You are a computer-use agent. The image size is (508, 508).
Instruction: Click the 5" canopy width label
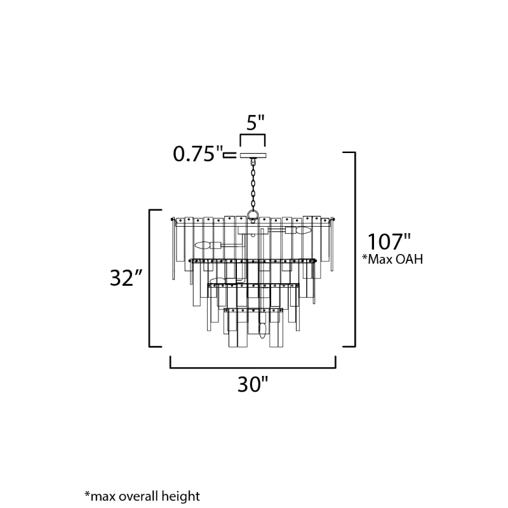pyautogui.click(x=256, y=123)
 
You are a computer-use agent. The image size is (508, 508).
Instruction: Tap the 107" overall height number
pyautogui.click(x=389, y=242)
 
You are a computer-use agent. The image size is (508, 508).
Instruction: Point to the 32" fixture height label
pyautogui.click(x=126, y=277)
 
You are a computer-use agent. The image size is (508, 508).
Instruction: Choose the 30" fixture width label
pyautogui.click(x=253, y=384)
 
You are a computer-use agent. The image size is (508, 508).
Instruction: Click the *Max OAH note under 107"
pyautogui.click(x=392, y=259)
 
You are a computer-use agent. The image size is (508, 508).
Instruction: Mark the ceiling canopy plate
pyautogui.click(x=253, y=156)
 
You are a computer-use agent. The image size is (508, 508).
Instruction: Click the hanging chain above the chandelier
pyautogui.click(x=253, y=185)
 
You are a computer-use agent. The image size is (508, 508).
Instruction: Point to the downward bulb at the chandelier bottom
pyautogui.click(x=262, y=330)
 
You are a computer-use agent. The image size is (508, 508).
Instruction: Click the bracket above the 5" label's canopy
pyautogui.click(x=253, y=140)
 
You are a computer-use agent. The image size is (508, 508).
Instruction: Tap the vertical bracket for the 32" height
pyautogui.click(x=155, y=278)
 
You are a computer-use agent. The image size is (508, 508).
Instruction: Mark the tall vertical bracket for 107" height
pyautogui.click(x=349, y=249)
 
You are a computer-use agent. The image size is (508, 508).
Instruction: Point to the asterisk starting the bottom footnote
pyautogui.click(x=87, y=494)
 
